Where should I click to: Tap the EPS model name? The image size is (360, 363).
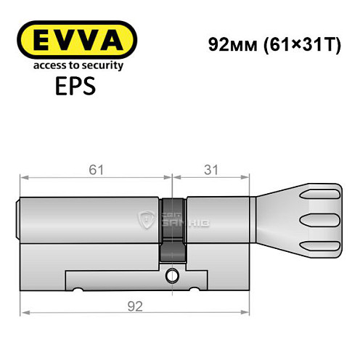click(70, 89)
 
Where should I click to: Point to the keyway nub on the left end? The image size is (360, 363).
click(19, 219)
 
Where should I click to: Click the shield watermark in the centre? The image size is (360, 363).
click(147, 218)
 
